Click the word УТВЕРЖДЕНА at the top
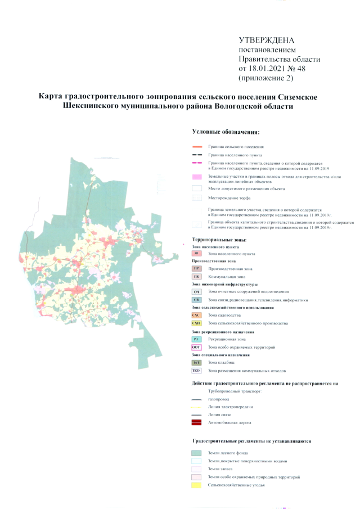[x=267, y=40]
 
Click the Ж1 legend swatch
[x=196, y=254]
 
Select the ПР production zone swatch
[x=196, y=269]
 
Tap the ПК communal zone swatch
[x=196, y=277]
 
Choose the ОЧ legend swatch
[x=196, y=292]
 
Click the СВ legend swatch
[x=196, y=300]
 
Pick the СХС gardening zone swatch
[x=196, y=316]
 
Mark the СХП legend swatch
[x=196, y=323]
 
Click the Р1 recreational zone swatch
[x=196, y=339]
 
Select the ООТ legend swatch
[x=196, y=347]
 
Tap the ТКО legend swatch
[x=196, y=371]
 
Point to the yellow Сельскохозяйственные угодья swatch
[x=196, y=484]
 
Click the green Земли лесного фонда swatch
[x=196, y=453]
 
